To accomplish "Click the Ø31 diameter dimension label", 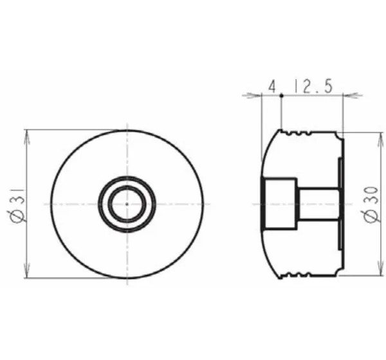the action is point(17,206).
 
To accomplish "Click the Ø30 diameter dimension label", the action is point(371,205).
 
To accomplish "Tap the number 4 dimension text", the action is point(272,87).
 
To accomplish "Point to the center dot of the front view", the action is point(127,204).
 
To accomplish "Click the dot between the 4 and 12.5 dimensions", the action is point(281,95).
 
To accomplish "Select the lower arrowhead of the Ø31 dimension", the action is point(27,270).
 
